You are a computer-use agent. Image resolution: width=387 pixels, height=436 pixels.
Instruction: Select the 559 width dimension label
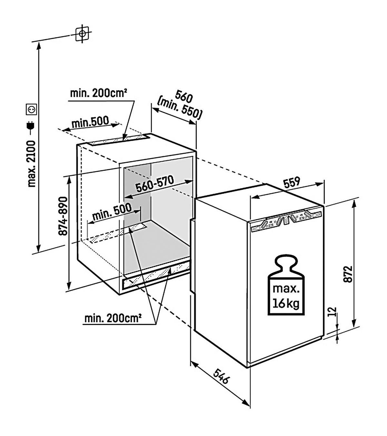pyautogui.click(x=292, y=182)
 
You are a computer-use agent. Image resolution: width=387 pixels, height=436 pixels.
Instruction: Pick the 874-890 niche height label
pyautogui.click(x=63, y=216)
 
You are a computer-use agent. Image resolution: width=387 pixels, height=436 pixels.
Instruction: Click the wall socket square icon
pyautogui.click(x=31, y=109)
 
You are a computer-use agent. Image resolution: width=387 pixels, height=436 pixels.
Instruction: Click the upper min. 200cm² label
pyautogui.click(x=98, y=93)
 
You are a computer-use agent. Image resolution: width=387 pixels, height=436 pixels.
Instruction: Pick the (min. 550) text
pyautogui.click(x=180, y=108)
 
